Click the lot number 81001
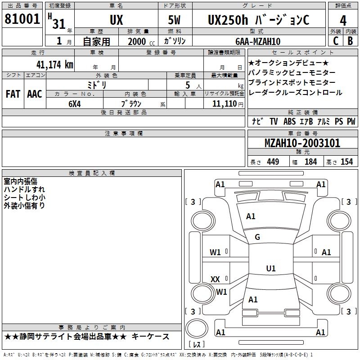22,19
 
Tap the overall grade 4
343,21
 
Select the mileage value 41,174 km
55,65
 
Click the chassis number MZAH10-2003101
302,143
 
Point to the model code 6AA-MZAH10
258,41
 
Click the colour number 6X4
75,104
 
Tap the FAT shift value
13,94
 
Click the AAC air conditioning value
35,94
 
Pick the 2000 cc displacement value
141,41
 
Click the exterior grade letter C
336,41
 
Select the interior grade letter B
350,41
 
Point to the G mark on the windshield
257,237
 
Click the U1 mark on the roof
271,268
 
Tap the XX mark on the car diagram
215,279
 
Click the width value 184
310,162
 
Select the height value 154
346,162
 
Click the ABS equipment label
289,121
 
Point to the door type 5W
174,20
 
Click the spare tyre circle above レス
197,328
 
